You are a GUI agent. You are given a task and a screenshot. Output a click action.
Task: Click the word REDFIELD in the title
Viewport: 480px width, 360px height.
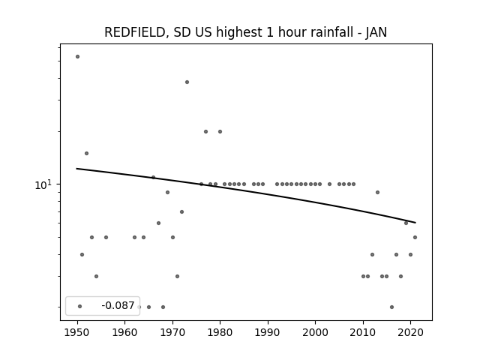click(x=135, y=32)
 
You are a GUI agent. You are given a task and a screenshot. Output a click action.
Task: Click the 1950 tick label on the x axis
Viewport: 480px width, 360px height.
click(x=77, y=332)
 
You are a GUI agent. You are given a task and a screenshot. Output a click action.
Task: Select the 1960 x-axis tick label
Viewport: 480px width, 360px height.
click(x=125, y=332)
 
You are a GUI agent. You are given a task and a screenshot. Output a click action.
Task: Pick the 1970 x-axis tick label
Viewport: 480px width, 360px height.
click(x=172, y=332)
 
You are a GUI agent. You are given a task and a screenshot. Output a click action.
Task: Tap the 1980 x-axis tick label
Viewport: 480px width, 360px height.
click(x=220, y=332)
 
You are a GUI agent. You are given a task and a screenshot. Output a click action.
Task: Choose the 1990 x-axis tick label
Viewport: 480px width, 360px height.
click(x=268, y=332)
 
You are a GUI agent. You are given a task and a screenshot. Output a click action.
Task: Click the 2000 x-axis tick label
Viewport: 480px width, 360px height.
click(x=315, y=332)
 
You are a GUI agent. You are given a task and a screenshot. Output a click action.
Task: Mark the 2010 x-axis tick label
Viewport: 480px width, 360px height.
click(x=363, y=332)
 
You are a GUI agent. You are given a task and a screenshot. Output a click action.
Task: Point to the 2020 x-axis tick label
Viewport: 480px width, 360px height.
click(x=410, y=332)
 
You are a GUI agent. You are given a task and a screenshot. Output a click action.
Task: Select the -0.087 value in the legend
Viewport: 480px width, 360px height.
click(x=118, y=305)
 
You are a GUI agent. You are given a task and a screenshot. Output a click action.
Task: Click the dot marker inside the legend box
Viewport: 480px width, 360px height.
click(x=80, y=307)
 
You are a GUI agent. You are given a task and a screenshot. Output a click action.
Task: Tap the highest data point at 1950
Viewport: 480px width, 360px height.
click(x=77, y=57)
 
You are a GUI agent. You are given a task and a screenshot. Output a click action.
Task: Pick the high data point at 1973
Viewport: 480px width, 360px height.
click(x=187, y=82)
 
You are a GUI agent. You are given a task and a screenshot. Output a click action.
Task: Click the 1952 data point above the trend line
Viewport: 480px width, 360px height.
click(x=87, y=153)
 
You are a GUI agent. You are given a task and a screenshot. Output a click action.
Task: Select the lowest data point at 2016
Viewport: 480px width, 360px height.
click(x=391, y=307)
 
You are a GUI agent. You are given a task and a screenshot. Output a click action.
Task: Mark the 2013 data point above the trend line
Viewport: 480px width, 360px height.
click(x=377, y=192)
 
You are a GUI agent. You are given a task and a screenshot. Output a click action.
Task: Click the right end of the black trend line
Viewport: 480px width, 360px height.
click(x=415, y=223)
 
